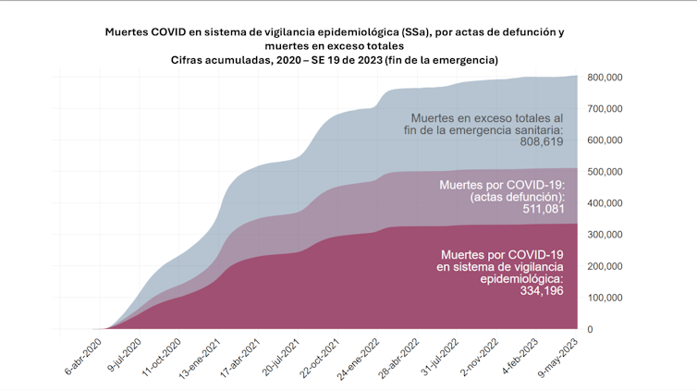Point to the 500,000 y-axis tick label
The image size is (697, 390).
pyautogui.click(x=604, y=172)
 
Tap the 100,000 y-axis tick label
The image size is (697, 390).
pyautogui.click(x=604, y=298)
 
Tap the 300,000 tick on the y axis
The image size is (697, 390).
pyautogui.click(x=604, y=235)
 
